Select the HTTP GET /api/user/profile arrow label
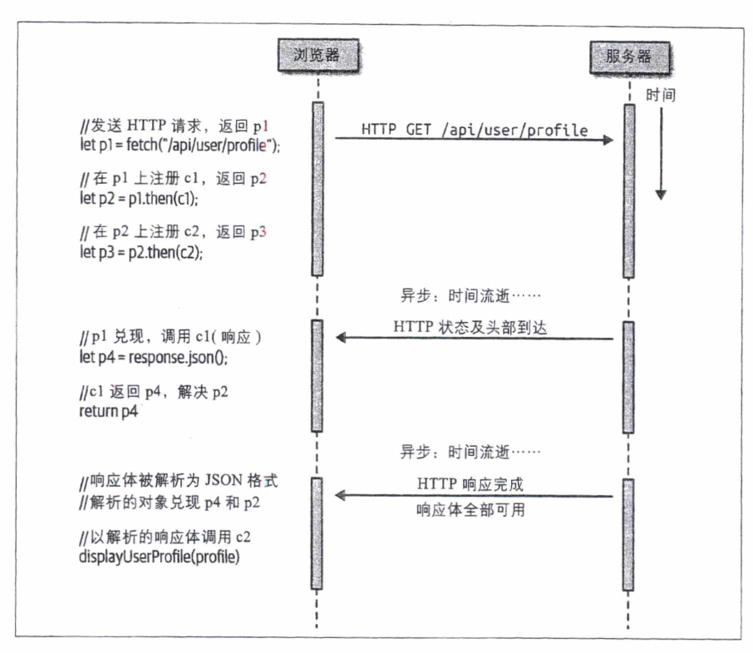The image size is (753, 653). (474, 131)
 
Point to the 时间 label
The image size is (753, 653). (661, 96)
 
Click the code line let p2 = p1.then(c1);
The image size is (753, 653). (140, 200)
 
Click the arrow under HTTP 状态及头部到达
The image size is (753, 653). (474, 338)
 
